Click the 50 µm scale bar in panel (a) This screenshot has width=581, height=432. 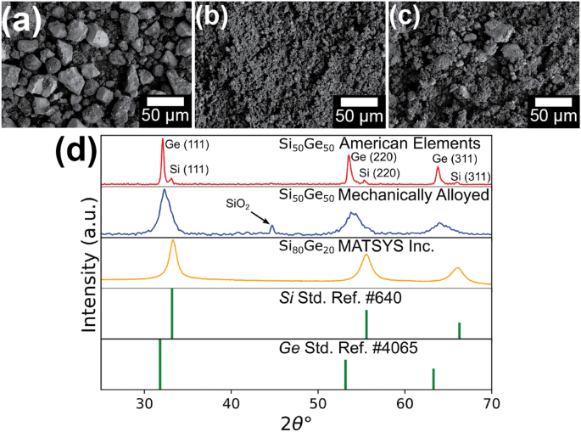point(166,104)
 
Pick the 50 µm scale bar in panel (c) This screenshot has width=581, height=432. point(553,104)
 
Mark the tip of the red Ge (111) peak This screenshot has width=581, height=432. point(163,140)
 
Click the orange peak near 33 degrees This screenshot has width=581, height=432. point(173,242)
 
